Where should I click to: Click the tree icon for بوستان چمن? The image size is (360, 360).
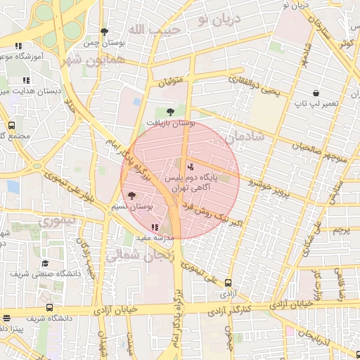105,32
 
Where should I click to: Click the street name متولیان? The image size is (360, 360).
170,82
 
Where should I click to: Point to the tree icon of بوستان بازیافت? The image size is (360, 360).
169,111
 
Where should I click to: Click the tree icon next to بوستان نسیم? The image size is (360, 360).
131,195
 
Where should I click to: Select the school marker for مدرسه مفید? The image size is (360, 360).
155,227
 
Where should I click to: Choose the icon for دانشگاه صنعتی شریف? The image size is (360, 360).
45,263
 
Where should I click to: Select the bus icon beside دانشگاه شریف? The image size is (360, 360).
48,307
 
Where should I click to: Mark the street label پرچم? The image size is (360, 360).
340,230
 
